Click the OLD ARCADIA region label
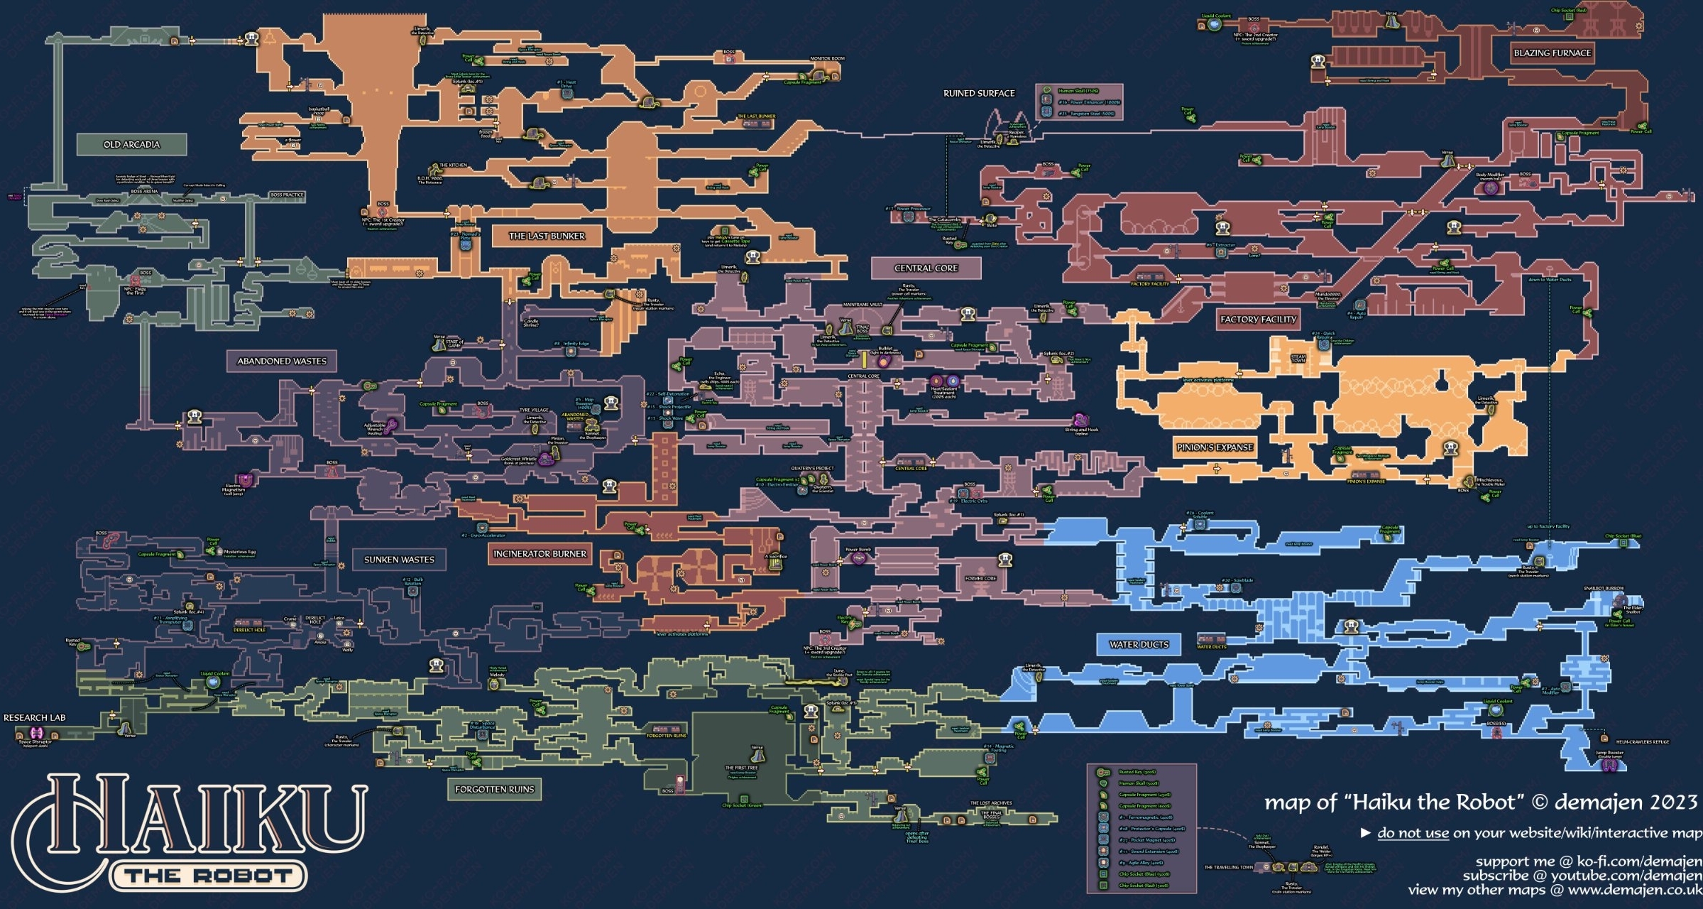click(x=131, y=145)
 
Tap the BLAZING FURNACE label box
click(x=1552, y=53)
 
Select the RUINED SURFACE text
click(x=978, y=94)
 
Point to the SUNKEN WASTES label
click(x=399, y=560)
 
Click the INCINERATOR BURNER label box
click(x=540, y=554)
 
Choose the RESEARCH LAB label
click(x=34, y=718)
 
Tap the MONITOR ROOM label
click(x=827, y=59)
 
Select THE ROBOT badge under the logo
click(x=209, y=876)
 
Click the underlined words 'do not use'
click(x=1413, y=833)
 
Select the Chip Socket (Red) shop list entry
click(x=1143, y=886)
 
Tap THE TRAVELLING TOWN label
click(x=1228, y=867)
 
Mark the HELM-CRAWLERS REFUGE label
click(x=1642, y=742)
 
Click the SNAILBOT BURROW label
click(x=1604, y=589)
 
